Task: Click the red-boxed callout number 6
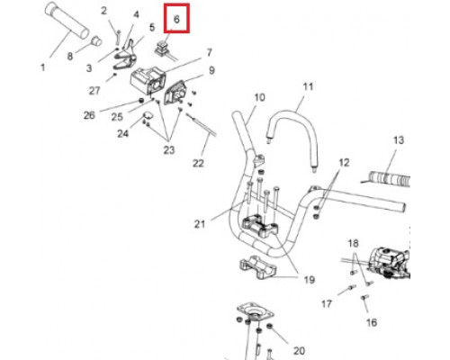coord(176,19)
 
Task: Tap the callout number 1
coord(43,67)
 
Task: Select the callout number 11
coord(308,86)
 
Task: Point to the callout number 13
coord(399,140)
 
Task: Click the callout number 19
coord(310,280)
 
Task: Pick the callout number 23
coord(169,149)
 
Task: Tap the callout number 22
coord(198,164)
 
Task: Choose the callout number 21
coord(200,224)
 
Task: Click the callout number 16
coord(372,322)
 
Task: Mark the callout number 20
coord(299,350)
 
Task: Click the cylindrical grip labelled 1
coord(67,20)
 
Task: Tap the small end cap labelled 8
coord(96,40)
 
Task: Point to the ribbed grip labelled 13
coord(390,178)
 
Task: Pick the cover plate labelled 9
coord(175,93)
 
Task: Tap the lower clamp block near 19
coord(256,267)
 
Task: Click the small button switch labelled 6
coord(161,49)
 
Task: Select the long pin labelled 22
coord(202,124)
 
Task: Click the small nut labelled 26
coord(140,100)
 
